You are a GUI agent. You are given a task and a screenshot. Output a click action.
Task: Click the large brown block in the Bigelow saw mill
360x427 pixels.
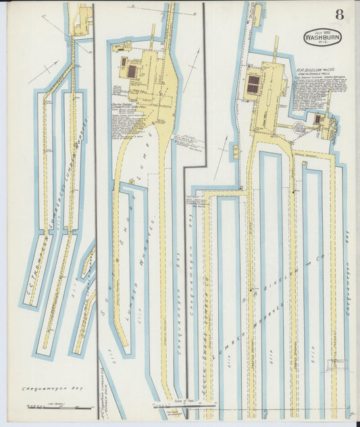pos(254,84)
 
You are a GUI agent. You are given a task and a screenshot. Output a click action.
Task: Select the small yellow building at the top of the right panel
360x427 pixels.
pos(257,15)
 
